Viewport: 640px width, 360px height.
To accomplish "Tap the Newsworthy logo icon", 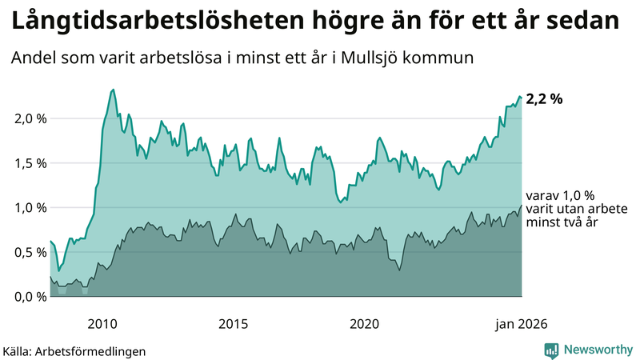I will (x=551, y=350).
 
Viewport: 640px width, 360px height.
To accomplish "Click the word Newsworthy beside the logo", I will (x=598, y=350).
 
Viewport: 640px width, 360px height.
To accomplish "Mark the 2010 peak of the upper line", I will (x=113, y=90).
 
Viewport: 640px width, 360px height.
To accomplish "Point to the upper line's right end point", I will (x=521, y=98).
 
